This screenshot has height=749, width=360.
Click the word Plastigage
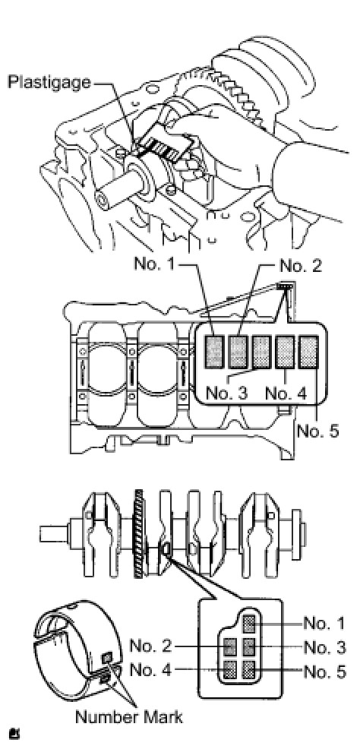click(x=49, y=82)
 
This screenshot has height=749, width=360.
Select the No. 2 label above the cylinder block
click(x=300, y=265)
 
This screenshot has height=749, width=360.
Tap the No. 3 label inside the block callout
click(x=226, y=393)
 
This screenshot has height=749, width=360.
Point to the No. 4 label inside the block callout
click(x=286, y=393)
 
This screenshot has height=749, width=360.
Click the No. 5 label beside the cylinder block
click(x=317, y=431)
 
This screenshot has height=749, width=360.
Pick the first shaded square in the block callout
click(x=215, y=352)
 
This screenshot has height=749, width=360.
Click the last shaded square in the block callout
click(x=308, y=352)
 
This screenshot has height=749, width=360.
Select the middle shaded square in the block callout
click(x=261, y=352)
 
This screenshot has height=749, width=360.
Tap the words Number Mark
click(x=129, y=716)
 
